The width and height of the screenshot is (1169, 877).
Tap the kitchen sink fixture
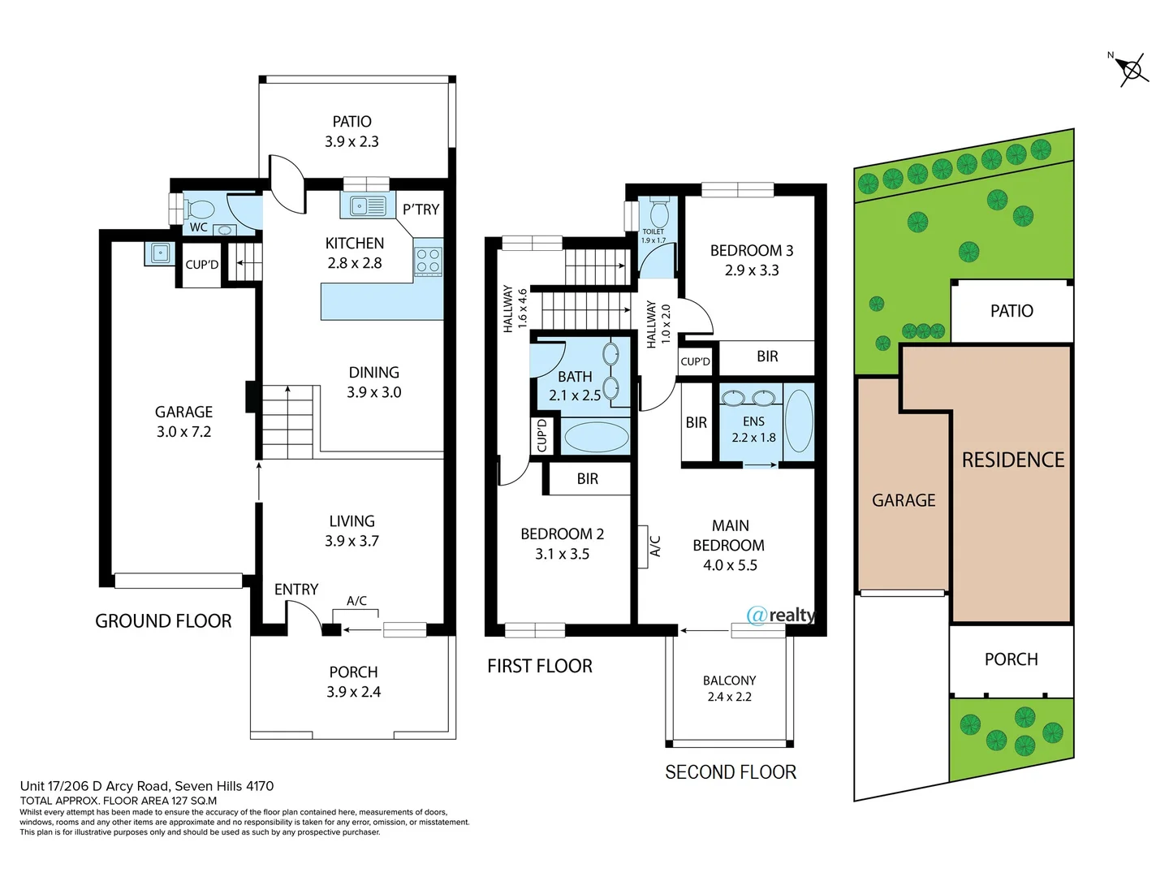tap(368, 206)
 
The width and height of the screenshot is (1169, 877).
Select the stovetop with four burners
tap(429, 261)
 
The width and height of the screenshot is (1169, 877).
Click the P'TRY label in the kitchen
tap(421, 210)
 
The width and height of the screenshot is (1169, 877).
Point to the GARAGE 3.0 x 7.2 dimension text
tap(184, 432)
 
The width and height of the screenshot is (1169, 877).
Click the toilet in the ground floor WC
tap(200, 209)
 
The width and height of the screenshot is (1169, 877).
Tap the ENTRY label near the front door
tap(295, 590)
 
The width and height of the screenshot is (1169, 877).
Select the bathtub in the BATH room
tap(596, 437)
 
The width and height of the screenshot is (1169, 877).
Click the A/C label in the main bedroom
tap(655, 546)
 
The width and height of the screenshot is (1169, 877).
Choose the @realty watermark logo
tap(780, 615)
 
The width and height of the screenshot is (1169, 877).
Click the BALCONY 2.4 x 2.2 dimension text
tap(729, 697)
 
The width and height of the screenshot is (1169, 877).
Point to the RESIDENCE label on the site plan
tap(1012, 460)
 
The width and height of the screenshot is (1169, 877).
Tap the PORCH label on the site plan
tap(1011, 659)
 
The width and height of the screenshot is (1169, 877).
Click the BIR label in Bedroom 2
tap(588, 479)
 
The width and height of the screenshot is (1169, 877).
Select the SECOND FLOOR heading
tap(731, 772)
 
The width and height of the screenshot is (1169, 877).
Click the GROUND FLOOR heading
tap(163, 621)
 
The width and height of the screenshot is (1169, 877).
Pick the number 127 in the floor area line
tap(181, 801)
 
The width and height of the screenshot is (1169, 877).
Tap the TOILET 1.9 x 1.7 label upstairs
tap(654, 236)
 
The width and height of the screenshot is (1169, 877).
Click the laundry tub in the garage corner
tap(160, 253)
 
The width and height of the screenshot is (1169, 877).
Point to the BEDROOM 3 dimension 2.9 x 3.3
tap(752, 270)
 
